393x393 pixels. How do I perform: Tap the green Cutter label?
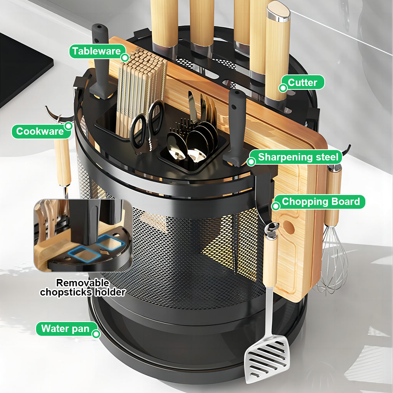tap(302, 83)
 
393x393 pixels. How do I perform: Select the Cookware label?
tap(40, 132)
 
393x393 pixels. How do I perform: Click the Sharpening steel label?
tap(298, 157)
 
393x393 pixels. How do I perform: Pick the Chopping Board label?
tap(320, 201)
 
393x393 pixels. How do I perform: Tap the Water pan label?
tap(65, 329)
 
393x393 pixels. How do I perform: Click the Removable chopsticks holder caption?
tap(83, 287)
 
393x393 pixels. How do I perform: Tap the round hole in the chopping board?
tap(289, 228)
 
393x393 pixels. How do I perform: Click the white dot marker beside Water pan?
tap(96, 334)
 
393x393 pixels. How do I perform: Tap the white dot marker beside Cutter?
tap(283, 88)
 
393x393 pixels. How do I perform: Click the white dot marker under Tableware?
tap(125, 58)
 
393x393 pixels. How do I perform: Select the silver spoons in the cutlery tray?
tap(192, 144)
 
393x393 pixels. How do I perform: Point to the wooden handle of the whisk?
tap(333, 196)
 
